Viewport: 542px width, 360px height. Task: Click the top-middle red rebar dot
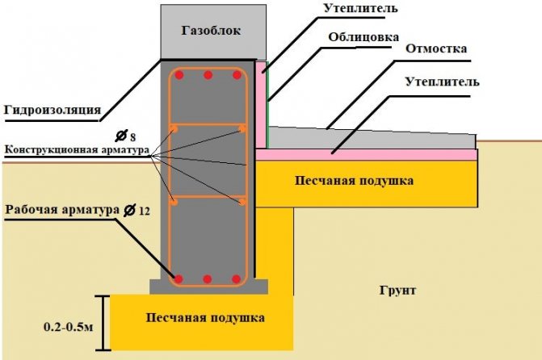pyautogui.click(x=208, y=75)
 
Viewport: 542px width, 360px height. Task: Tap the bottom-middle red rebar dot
pyautogui.click(x=208, y=279)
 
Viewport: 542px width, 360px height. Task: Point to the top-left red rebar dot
pyautogui.click(x=179, y=75)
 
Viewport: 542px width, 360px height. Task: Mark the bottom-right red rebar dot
pyautogui.click(x=237, y=279)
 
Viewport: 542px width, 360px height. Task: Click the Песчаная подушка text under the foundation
pyautogui.click(x=205, y=317)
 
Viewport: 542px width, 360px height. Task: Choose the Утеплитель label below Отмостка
pyautogui.click(x=438, y=82)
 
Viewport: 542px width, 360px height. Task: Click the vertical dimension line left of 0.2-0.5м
pyautogui.click(x=100, y=323)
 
